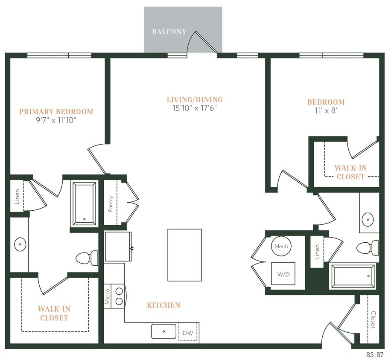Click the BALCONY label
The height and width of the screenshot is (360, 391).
tap(169, 32)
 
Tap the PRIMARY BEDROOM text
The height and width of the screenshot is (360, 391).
tap(56, 112)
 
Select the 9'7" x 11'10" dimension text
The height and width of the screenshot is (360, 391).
tap(56, 120)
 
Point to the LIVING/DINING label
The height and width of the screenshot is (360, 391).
tap(195, 100)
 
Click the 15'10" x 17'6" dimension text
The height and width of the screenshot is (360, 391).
tap(195, 108)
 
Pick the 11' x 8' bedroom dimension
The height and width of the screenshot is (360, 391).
tap(326, 111)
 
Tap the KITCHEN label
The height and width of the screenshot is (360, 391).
tap(163, 305)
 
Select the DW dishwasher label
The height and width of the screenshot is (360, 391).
tap(188, 333)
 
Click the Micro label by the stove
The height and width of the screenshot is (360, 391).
tap(108, 296)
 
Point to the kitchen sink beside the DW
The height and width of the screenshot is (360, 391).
tap(163, 331)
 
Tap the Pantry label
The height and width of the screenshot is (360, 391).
tap(111, 203)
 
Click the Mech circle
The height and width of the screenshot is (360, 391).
tap(281, 247)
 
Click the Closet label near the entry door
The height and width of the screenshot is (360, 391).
tap(373, 319)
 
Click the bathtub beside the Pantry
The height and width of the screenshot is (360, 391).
tap(85, 204)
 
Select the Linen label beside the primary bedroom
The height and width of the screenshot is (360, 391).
tap(17, 196)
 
